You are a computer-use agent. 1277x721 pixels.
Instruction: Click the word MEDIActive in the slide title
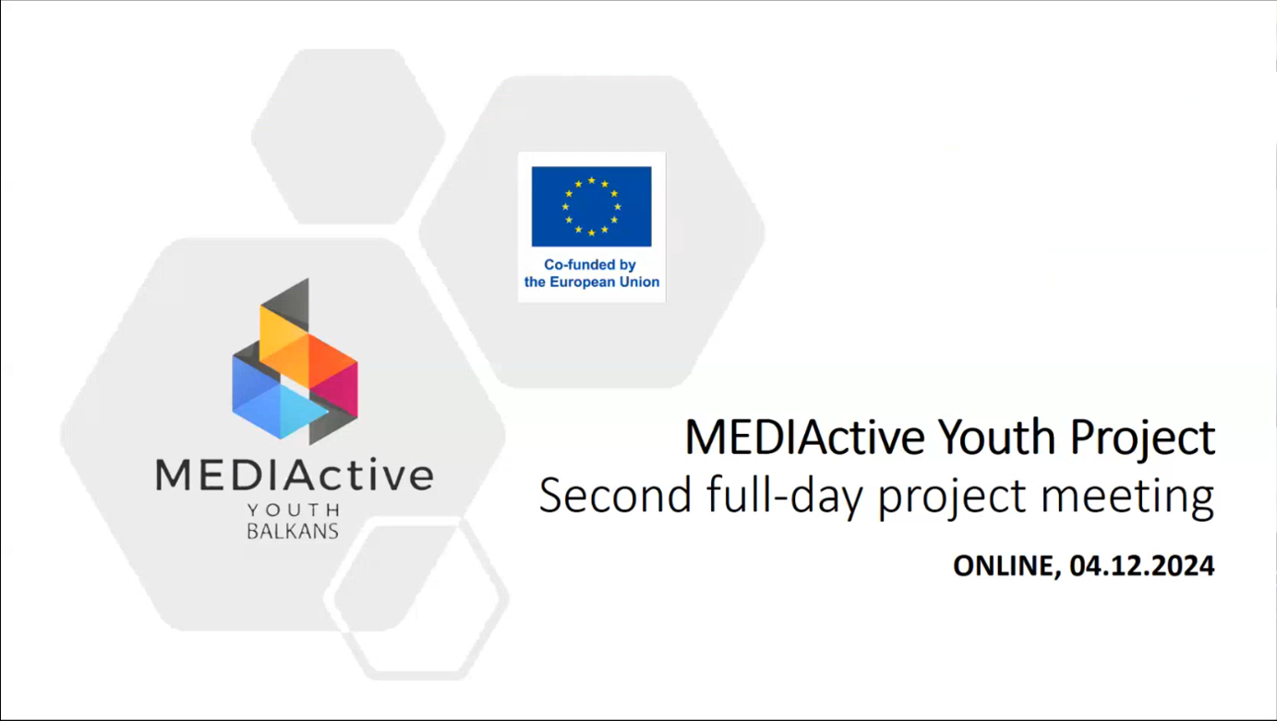[804, 438]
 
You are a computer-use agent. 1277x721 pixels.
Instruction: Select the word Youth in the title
[1001, 438]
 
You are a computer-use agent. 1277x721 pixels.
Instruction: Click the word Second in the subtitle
[616, 496]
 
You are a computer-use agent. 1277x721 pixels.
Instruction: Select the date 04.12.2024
[1142, 566]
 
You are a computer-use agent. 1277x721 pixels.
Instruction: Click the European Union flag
[591, 206]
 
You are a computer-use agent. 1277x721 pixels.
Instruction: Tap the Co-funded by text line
[590, 264]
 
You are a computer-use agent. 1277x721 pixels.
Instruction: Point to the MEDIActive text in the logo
[295, 475]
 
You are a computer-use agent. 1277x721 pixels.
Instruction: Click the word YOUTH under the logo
[294, 510]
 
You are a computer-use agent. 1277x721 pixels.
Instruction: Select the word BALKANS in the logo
[293, 531]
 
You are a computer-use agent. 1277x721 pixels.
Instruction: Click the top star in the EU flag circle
[591, 181]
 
